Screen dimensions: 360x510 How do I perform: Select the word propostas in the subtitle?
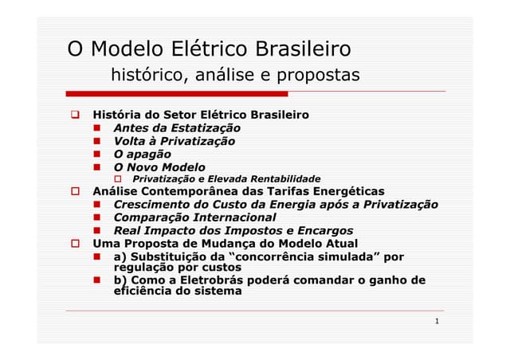(318, 76)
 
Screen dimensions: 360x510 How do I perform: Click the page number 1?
(437, 322)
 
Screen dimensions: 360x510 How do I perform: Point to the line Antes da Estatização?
(177, 127)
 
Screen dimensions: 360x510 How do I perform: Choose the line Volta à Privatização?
(174, 141)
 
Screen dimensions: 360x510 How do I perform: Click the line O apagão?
(142, 154)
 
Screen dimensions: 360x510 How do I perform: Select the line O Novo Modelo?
(159, 167)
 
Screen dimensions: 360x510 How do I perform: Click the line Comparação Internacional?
(194, 217)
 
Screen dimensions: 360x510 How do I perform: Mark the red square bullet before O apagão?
(97, 155)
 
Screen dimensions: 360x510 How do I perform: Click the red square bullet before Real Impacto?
(97, 231)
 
